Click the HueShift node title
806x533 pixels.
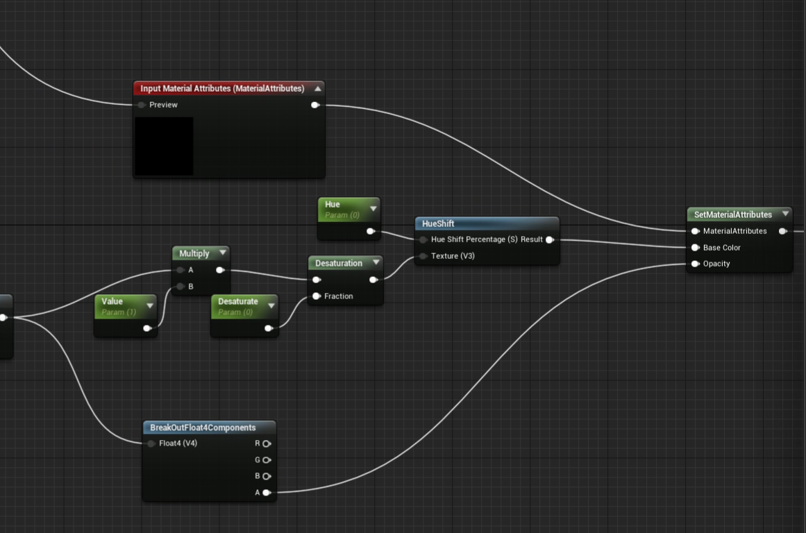[438, 223]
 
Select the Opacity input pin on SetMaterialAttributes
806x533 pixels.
[695, 264]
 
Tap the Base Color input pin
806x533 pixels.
[695, 248]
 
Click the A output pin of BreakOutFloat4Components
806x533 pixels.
[266, 493]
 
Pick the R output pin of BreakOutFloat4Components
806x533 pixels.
[267, 443]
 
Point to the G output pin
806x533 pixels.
[267, 460]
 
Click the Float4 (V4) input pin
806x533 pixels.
[151, 443]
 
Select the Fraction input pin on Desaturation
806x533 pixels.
[317, 296]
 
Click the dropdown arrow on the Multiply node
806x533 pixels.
[222, 253]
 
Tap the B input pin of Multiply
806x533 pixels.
[180, 287]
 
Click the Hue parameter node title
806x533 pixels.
[333, 205]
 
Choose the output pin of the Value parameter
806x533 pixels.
[146, 328]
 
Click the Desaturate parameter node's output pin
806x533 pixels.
[268, 328]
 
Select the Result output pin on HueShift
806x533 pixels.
[549, 240]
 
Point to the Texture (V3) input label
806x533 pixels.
[453, 256]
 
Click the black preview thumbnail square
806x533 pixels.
[164, 146]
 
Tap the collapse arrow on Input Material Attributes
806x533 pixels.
[317, 89]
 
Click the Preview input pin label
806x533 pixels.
[163, 105]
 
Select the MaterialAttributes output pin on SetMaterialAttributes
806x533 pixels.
[782, 231]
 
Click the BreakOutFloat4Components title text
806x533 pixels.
[203, 428]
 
